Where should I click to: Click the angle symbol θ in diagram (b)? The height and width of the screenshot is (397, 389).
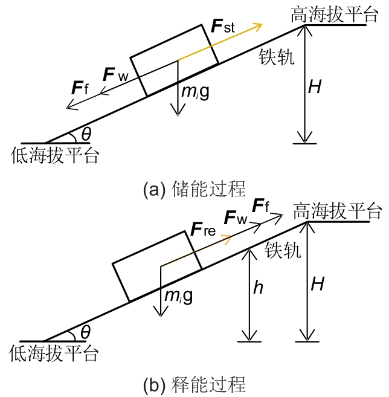coord(85,332)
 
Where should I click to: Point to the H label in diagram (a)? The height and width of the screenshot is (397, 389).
coord(315,87)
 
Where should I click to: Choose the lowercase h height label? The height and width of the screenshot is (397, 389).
coord(258,288)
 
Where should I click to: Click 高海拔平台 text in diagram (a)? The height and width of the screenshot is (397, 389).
coord(329,15)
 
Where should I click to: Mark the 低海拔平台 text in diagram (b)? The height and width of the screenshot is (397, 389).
coord(54,353)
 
